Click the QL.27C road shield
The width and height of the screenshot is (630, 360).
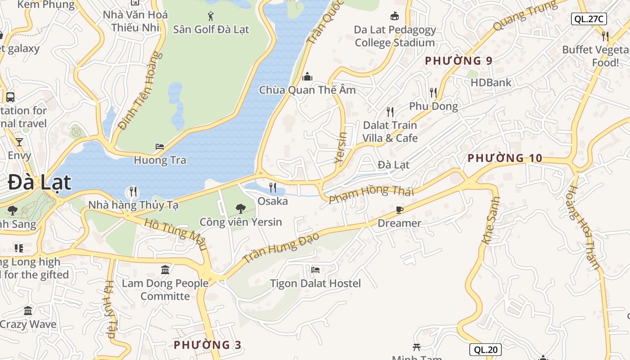589,19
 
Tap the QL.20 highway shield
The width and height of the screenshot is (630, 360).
485,350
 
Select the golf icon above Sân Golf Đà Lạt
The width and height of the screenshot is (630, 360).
211,17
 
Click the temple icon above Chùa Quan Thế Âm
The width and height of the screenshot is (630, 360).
307,76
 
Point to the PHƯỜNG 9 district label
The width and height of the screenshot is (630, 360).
459,61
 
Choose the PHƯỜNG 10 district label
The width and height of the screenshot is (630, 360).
505,158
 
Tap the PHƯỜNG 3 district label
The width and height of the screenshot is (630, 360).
207,345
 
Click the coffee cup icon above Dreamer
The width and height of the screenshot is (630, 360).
399,210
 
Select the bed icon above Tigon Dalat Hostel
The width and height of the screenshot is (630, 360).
315,270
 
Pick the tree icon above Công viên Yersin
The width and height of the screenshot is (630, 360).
241,209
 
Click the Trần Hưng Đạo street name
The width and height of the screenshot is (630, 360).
281,247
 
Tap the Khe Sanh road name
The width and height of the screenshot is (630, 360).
491,220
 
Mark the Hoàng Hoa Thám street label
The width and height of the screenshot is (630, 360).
583,227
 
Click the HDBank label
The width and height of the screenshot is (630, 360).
491,82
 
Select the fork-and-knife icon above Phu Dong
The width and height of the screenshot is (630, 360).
433,93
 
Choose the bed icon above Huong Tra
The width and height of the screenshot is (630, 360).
160,147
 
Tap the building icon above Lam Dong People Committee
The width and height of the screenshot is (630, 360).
165,270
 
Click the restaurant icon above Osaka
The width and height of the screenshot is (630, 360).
273,188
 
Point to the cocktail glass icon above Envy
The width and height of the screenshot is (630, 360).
19,142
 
